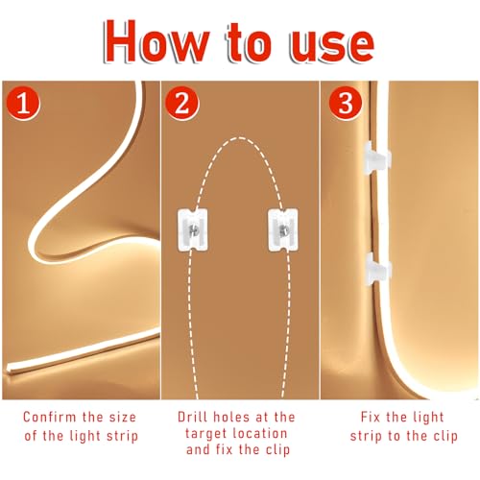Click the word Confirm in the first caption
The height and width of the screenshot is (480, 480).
pyautogui.click(x=45, y=419)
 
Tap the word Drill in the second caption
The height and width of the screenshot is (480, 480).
pyautogui.click(x=191, y=419)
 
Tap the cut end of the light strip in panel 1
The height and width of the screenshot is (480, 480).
pyautogui.click(x=12, y=370)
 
